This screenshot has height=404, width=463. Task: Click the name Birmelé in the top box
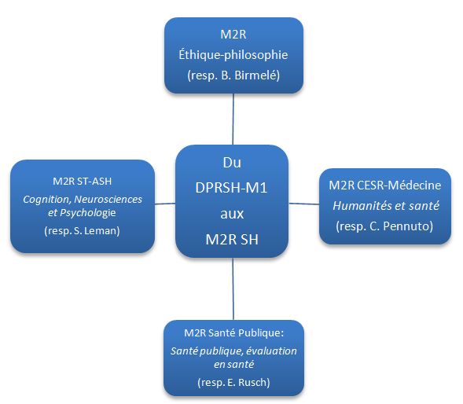257,75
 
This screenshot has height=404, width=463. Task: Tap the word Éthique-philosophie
233,55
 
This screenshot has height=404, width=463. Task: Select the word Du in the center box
232,163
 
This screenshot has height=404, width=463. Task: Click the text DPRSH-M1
231,188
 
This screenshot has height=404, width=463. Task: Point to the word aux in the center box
232,214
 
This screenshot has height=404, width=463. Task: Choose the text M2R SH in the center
232,240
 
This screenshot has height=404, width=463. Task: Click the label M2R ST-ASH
83,181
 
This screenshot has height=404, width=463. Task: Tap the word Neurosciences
108,200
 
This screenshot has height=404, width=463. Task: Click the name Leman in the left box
101,230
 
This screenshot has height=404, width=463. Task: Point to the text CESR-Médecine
399,185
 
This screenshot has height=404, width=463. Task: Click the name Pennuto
408,226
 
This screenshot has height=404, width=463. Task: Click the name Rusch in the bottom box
254,383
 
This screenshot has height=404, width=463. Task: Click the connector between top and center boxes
233,119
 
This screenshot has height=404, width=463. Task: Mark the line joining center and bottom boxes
233,288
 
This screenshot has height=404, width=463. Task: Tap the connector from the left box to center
165,204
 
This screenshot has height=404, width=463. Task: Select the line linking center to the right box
304,204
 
